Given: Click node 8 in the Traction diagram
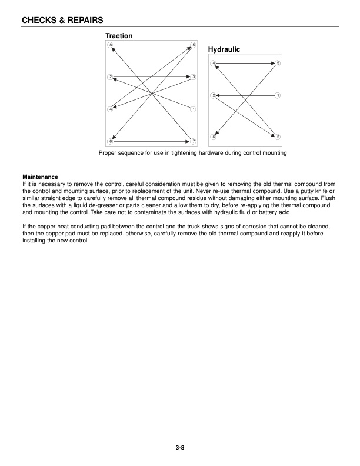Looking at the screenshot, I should (111, 45).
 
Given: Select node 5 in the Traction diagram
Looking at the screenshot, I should (194, 45).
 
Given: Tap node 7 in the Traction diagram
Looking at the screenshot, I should (194, 141).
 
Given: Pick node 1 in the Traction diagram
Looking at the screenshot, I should (194, 109).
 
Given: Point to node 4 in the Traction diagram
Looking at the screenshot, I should (111, 109).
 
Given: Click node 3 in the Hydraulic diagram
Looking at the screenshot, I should (278, 137).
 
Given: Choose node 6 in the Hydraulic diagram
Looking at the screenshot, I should (214, 137).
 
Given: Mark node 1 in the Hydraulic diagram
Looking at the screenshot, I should (278, 95).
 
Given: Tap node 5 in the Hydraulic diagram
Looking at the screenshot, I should (278, 62).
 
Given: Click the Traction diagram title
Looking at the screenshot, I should (119, 36).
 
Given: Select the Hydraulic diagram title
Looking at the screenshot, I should (224, 50).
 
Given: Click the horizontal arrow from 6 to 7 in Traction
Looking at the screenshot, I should (152, 141).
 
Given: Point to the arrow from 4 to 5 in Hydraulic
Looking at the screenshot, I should (245, 62).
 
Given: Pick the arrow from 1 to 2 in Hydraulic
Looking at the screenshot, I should (245, 95).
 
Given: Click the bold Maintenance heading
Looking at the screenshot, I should (40, 177).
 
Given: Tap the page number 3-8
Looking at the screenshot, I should (180, 448).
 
